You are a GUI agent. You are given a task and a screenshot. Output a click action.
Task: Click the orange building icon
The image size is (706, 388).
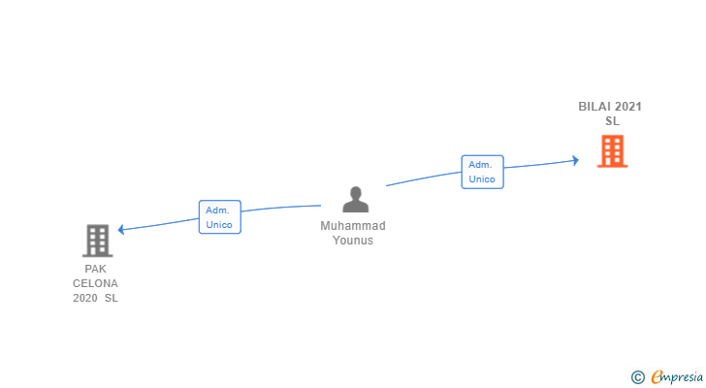click(612, 151)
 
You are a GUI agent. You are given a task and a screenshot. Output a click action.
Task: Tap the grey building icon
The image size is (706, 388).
click(97, 240)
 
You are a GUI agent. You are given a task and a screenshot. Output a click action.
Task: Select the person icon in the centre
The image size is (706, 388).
click(356, 199)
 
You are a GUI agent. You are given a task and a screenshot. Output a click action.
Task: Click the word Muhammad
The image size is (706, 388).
click(353, 226)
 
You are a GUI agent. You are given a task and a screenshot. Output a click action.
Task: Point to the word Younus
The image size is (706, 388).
click(353, 241)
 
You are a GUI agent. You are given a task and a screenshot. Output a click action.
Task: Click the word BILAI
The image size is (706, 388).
click(594, 107)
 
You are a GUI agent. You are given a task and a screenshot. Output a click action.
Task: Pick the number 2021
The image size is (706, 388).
click(628, 107)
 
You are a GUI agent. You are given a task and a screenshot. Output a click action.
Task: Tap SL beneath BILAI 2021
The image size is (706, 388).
click(612, 121)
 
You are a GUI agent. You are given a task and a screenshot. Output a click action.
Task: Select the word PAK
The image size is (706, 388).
click(95, 269)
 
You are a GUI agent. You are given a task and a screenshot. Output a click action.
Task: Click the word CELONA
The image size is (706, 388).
click(95, 283)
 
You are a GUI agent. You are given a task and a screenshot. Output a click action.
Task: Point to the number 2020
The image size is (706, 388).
click(85, 298)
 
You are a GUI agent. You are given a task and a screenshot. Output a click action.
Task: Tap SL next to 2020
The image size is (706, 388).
click(111, 298)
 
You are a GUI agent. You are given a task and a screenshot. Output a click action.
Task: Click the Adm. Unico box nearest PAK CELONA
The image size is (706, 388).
click(219, 216)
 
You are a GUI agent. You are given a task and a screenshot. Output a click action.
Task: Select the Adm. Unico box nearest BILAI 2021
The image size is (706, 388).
click(482, 172)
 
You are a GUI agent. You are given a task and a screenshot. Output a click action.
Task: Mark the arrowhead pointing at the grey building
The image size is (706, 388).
click(121, 230)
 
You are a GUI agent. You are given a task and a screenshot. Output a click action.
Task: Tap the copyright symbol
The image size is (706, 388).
click(637, 377)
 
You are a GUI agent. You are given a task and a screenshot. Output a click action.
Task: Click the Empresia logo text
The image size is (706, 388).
click(676, 377)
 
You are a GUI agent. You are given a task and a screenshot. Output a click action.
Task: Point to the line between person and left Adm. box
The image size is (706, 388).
click(281, 208)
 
